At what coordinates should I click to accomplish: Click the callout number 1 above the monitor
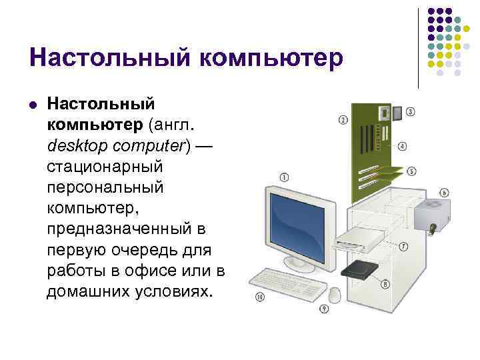click(x=285, y=177)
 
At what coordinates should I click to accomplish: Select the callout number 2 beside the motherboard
click(x=343, y=121)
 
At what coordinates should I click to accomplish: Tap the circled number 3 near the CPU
click(x=411, y=111)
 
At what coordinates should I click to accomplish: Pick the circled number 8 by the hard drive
click(x=385, y=285)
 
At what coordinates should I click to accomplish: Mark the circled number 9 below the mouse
click(x=324, y=309)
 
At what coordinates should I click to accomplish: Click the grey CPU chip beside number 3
click(x=398, y=113)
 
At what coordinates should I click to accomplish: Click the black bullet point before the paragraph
click(x=32, y=104)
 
